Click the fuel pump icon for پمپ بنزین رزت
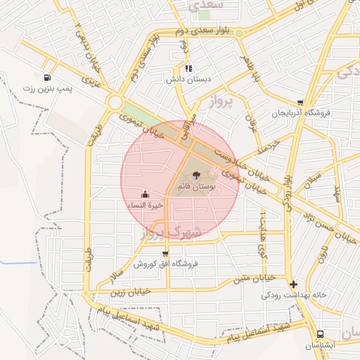coord(46,78)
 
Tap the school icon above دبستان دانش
coord(188,68)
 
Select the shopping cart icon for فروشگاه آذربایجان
coord(301,103)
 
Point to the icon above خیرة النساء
coord(145,194)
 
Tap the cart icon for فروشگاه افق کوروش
coord(165,254)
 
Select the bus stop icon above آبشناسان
coord(320,335)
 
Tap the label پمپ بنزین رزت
coord(48,89)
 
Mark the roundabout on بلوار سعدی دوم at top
coord(240,32)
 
